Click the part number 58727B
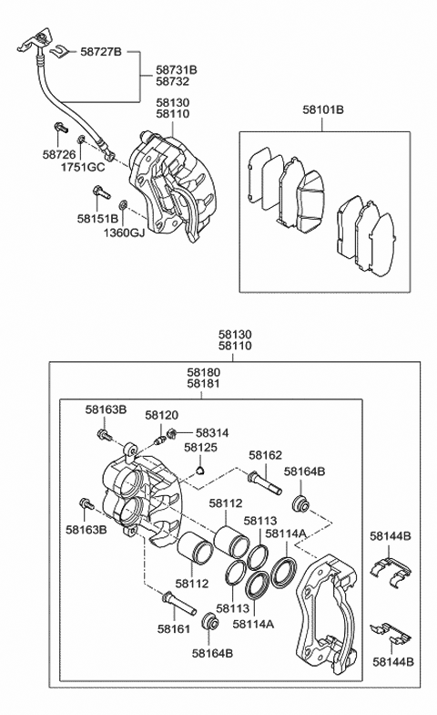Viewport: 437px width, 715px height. [x=101, y=51]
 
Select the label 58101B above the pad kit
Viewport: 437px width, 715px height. [x=323, y=109]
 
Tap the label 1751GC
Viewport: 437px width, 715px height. [x=83, y=168]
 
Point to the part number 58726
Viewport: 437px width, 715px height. [x=59, y=155]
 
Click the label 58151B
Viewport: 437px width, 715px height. [x=97, y=219]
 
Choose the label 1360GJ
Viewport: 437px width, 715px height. [x=124, y=233]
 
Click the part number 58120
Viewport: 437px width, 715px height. [x=162, y=416]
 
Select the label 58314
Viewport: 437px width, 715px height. [x=212, y=432]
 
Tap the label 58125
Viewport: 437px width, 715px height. [x=200, y=447]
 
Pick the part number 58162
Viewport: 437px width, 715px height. [x=266, y=455]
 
